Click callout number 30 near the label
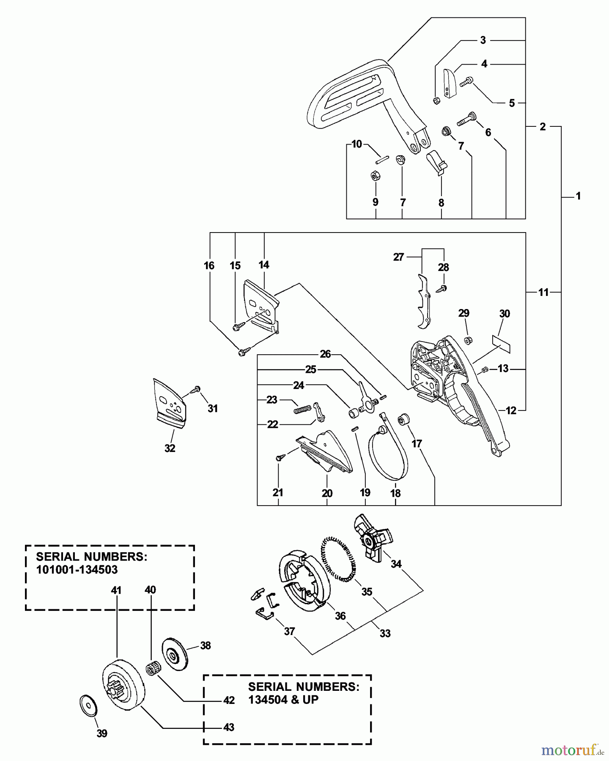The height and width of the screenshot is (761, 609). pos(505,314)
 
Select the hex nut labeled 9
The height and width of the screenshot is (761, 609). pos(375,176)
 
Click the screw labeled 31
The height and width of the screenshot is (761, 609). pos(196,389)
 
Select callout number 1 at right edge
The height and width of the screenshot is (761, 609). pos(578,196)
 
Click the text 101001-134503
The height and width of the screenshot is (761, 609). pos(77,569)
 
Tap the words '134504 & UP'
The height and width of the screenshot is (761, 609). pos(283,700)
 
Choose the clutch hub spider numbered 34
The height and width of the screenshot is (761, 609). pos(373,539)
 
